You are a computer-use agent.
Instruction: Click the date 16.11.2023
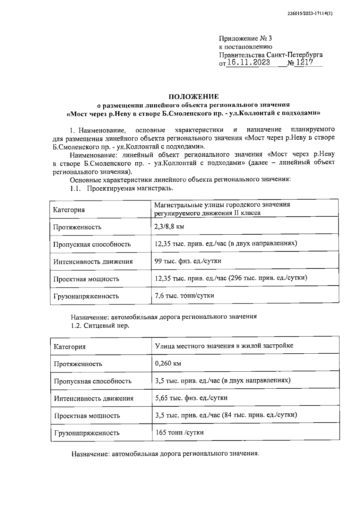tap(248, 63)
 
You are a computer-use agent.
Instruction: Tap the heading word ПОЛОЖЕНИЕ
tap(193, 97)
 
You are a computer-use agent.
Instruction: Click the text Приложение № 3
tap(245, 38)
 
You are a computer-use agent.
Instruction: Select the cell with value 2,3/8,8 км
tap(169, 227)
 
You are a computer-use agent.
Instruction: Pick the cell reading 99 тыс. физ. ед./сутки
tap(188, 261)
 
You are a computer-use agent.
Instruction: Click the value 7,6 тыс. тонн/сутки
tap(184, 296)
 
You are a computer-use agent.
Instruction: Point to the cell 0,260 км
tap(168, 364)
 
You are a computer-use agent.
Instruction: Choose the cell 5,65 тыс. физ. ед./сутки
tap(191, 398)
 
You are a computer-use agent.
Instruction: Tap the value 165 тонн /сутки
tap(180, 432)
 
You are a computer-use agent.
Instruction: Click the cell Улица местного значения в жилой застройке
tap(224, 346)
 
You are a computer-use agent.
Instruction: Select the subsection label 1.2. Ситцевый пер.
tap(100, 325)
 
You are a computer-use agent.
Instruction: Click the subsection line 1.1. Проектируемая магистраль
tap(121, 189)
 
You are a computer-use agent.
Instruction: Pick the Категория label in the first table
tap(69, 210)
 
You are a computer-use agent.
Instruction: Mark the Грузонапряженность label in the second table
tap(87, 433)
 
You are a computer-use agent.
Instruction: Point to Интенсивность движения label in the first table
tap(93, 262)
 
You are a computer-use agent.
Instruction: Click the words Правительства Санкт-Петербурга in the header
tap(271, 55)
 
